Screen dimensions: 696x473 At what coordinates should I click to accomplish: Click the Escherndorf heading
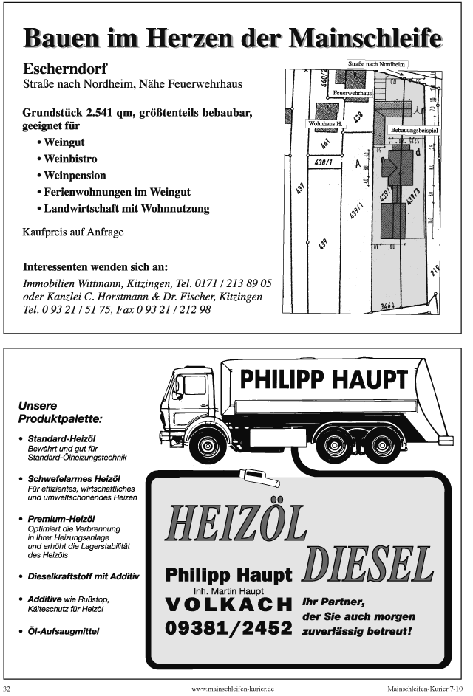click(65, 69)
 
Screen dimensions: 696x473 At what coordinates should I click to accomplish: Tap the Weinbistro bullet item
click(70, 159)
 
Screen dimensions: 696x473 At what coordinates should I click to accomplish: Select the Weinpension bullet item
click(75, 176)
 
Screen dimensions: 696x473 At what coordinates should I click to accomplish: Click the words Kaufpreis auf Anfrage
click(73, 232)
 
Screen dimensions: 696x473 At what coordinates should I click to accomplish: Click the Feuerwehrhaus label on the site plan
click(352, 94)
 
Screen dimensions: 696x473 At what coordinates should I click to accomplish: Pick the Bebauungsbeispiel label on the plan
click(415, 130)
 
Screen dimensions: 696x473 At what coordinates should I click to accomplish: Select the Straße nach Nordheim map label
click(377, 64)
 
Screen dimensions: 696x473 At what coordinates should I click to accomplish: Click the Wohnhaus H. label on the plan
click(325, 124)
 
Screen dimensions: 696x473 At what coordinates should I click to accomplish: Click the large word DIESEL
click(368, 565)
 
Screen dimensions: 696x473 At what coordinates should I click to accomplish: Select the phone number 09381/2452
click(228, 629)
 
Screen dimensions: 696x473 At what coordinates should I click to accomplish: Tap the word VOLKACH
click(228, 604)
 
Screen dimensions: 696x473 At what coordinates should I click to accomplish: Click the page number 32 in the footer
click(7, 688)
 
